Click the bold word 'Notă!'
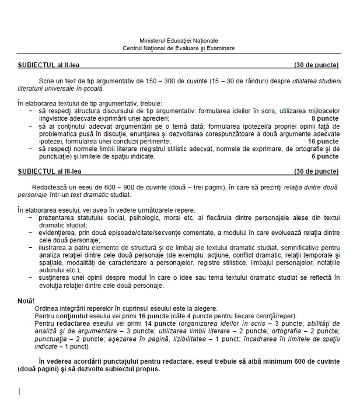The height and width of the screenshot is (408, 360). [27, 301]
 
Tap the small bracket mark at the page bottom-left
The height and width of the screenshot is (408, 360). [20, 391]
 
